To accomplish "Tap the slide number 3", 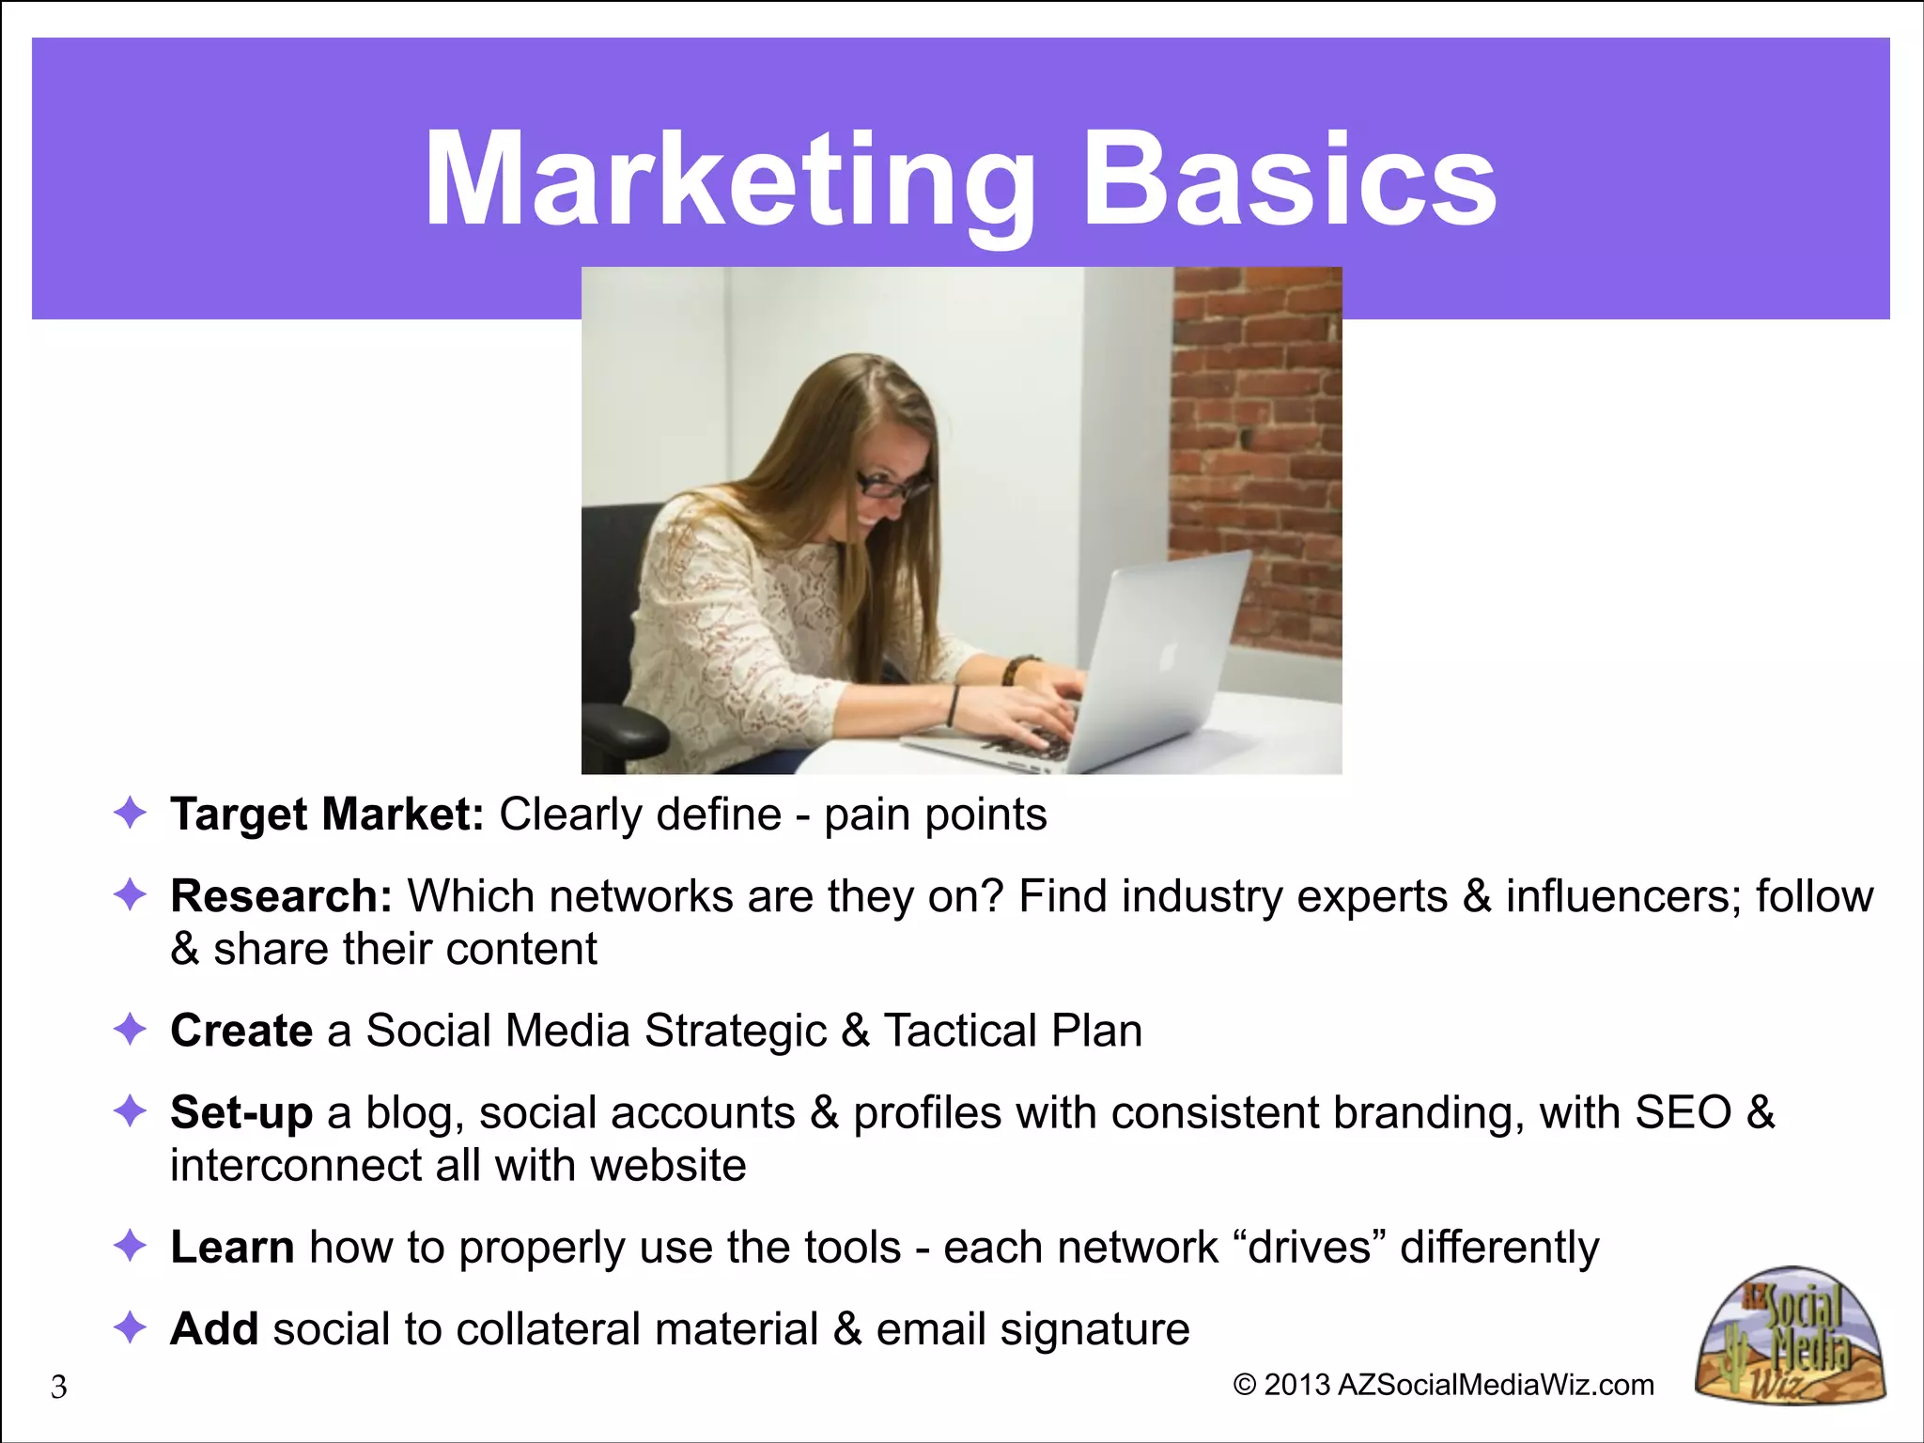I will [58, 1387].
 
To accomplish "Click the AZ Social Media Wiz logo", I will [1791, 1336].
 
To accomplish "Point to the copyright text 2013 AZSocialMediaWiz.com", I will [1443, 1385].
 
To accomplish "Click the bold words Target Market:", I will [327, 815].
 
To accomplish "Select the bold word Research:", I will [281, 896].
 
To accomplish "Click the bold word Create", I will [241, 1031].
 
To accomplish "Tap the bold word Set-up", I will [241, 1113].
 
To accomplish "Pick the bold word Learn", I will [232, 1248].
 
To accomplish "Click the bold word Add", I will [214, 1329].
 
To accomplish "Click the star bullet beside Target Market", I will [130, 813].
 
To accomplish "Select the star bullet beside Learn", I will [130, 1246].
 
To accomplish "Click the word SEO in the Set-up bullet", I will [1683, 1113].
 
